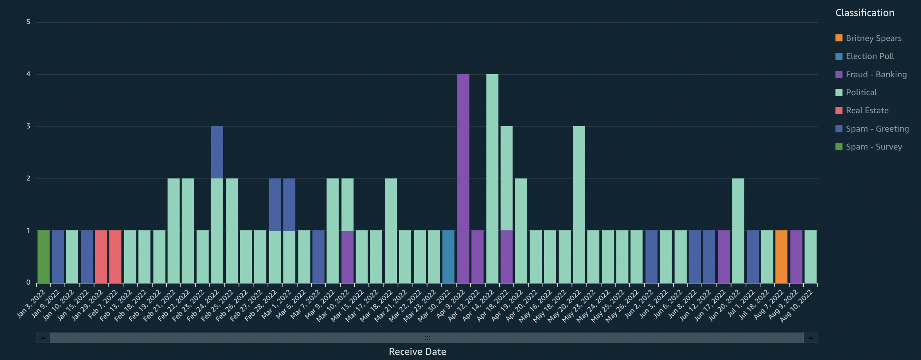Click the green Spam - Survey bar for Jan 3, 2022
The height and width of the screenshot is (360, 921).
point(43,257)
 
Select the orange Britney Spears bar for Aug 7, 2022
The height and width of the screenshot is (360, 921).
point(781,257)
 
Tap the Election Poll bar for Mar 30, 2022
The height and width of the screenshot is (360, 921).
point(448,257)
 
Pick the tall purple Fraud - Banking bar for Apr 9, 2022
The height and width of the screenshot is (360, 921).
point(463,178)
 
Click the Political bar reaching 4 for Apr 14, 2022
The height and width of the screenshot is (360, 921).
point(492,178)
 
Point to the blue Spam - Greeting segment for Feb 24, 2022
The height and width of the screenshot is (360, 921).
point(217,152)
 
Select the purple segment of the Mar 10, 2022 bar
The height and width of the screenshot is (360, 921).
point(347,257)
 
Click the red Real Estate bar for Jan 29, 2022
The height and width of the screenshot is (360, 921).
point(101,257)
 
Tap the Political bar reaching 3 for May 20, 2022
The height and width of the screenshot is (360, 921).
point(579,204)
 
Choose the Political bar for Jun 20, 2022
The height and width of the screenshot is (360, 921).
point(738,230)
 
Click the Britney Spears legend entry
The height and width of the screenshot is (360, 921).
point(873,38)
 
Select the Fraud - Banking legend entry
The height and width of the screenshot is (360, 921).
point(876,75)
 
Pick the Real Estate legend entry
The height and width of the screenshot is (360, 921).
point(867,110)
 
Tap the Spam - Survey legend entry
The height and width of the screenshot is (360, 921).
point(873,147)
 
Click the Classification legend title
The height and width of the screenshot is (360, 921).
point(864,13)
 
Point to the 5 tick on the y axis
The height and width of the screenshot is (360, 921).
point(28,22)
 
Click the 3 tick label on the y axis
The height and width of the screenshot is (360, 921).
point(28,126)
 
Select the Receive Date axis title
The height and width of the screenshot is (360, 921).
point(417,352)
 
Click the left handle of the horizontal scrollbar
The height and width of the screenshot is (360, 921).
point(43,338)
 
